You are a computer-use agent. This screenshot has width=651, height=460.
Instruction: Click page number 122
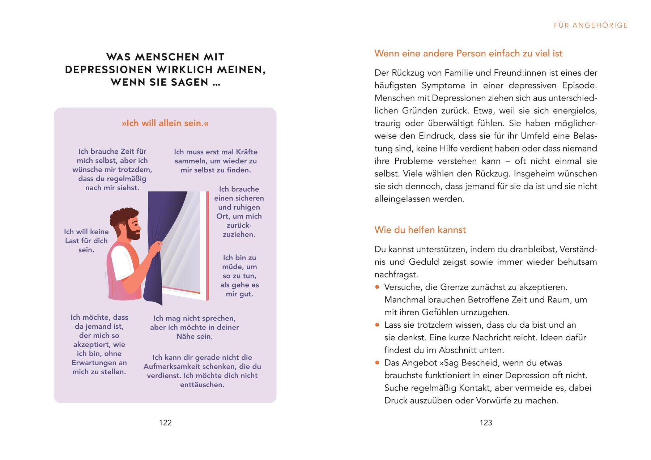click(x=165, y=422)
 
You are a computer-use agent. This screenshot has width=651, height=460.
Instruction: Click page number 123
click(x=486, y=422)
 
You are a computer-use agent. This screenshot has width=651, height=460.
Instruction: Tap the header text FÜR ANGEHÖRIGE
click(x=591, y=25)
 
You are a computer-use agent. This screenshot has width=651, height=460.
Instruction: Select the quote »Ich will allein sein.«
click(x=165, y=123)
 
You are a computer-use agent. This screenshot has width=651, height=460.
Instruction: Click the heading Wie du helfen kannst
click(x=420, y=230)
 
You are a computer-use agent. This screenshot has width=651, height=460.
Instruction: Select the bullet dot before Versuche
click(x=377, y=287)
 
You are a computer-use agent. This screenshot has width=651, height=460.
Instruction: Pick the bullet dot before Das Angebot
click(x=377, y=363)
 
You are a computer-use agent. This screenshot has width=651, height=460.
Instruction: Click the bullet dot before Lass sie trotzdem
click(x=377, y=325)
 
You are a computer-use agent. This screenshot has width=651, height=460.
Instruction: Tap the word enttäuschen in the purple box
click(x=202, y=384)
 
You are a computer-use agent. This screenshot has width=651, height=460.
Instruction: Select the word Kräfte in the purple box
click(x=247, y=152)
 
